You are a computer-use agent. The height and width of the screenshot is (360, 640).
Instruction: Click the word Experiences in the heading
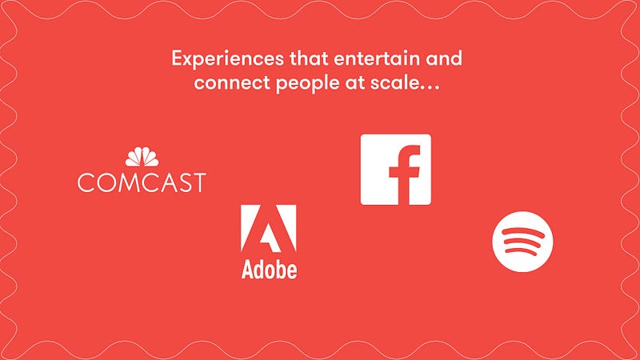click(227, 59)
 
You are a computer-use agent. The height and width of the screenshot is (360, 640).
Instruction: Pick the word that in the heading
click(309, 58)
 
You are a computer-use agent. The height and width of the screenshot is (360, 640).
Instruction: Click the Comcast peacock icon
click(142, 157)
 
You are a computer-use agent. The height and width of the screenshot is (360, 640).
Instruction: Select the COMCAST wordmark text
click(142, 182)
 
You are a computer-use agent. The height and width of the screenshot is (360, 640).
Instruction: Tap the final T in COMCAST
click(198, 182)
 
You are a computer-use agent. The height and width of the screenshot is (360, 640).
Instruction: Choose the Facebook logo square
click(395, 170)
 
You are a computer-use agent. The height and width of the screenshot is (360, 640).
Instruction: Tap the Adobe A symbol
click(268, 229)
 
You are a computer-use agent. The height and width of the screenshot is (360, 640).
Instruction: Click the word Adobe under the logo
click(269, 270)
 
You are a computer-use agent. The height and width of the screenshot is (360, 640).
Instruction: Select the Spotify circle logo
click(522, 242)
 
